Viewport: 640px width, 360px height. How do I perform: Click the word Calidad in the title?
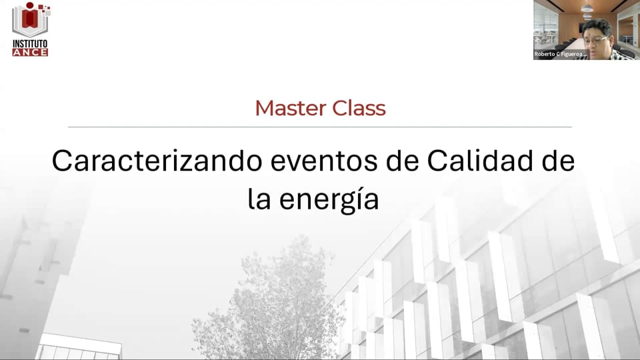[x=473, y=162]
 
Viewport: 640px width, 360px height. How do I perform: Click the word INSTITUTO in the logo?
[x=30, y=44]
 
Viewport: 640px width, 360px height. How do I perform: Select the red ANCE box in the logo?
[x=30, y=52]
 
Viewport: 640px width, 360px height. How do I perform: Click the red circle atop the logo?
[x=29, y=5]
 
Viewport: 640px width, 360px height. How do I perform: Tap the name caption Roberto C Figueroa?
[x=560, y=54]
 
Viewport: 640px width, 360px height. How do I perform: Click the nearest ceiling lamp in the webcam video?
[x=587, y=9]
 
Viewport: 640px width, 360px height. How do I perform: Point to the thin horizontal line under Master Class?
[x=320, y=126]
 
